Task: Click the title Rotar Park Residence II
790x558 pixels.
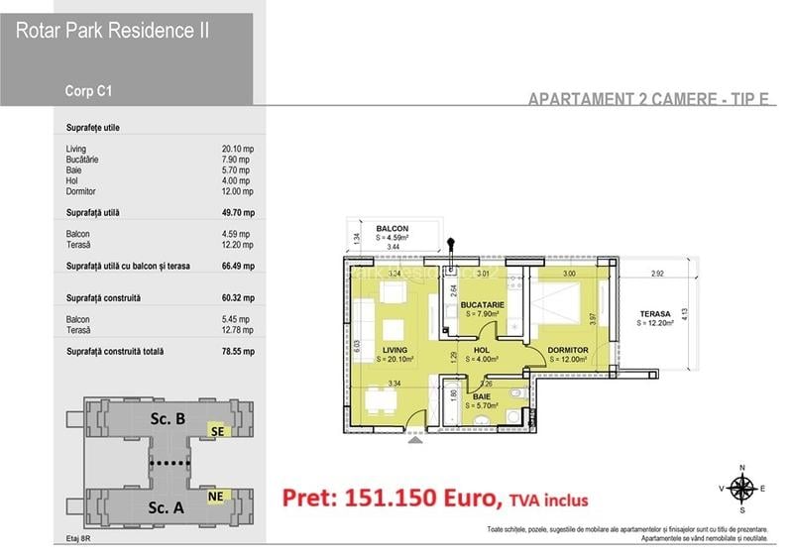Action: (112, 31)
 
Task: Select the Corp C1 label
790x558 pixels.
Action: (88, 91)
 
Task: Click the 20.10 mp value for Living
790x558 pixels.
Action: (238, 149)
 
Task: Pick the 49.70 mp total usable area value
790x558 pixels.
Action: (238, 213)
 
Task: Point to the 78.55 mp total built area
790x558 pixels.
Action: (238, 351)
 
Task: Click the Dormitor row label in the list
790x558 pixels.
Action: (83, 191)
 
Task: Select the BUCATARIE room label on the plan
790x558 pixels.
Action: (483, 304)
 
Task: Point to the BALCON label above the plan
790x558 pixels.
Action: (393, 229)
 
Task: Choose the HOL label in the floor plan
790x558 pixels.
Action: (483, 350)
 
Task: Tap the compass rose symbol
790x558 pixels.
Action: (740, 487)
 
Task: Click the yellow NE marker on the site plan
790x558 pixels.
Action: (216, 496)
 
